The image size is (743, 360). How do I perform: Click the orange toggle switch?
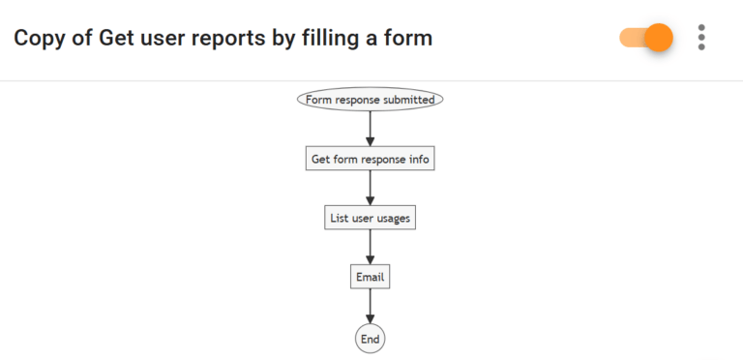point(646,38)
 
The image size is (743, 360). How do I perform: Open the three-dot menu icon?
point(701,38)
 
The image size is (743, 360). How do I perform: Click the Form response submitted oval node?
point(370,99)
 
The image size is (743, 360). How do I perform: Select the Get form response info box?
point(370,159)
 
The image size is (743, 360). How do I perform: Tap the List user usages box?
point(370,218)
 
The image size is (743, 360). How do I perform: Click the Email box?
point(370,277)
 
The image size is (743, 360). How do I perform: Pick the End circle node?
point(370,338)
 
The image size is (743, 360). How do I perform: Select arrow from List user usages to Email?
point(370,247)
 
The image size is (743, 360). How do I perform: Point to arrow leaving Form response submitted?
point(370,127)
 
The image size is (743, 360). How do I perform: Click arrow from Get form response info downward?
point(370,188)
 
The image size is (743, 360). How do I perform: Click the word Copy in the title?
point(37,39)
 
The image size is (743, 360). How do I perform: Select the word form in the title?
point(409,39)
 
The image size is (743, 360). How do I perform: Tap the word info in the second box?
point(418,159)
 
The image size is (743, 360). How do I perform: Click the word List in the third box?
point(339,218)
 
